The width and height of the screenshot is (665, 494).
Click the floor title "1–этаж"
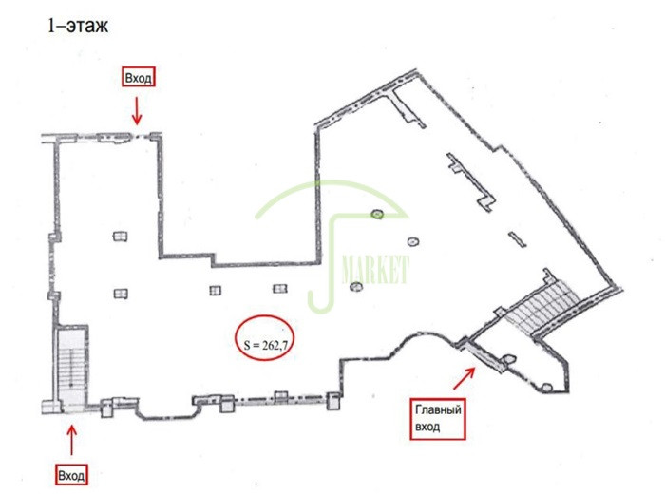78,26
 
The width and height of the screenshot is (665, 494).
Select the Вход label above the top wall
139,77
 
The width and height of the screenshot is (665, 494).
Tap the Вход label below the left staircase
71,474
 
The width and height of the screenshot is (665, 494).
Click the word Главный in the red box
438,410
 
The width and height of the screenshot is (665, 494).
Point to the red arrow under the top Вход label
137,111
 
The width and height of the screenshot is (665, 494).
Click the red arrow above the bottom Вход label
71,440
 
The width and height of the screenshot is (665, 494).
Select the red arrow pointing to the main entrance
464,378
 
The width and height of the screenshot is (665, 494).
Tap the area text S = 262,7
265,345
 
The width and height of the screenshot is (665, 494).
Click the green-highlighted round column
376,214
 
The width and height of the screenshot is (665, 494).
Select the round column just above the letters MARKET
413,242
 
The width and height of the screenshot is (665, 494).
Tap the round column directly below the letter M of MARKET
356,287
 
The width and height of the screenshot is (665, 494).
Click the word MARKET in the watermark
375,269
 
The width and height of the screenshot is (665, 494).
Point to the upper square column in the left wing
121,236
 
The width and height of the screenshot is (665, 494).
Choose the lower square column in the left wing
121,294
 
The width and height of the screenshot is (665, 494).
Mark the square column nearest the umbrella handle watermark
279,289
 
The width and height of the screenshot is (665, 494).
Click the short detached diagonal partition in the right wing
518,239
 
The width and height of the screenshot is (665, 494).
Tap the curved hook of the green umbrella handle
320,304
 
